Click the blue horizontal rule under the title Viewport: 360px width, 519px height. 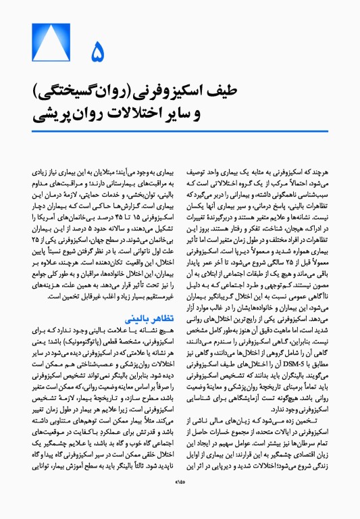[180, 130]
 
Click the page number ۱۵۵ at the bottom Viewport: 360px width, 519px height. [180, 500]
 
